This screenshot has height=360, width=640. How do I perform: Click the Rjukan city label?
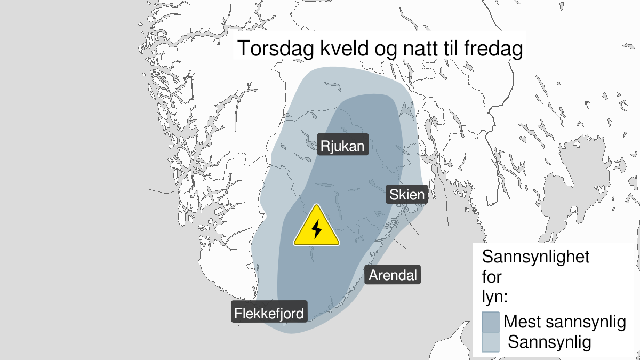click(343, 146)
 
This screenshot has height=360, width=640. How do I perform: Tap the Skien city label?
click(407, 195)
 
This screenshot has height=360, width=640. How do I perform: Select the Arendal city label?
click(393, 275)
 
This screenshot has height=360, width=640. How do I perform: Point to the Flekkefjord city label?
click(269, 312)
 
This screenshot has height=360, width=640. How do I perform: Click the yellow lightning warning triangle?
click(316, 228)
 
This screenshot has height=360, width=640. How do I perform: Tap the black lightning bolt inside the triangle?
click(316, 229)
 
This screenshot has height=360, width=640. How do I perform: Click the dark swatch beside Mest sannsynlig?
click(490, 322)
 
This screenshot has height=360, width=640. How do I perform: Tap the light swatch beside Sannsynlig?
click(490, 342)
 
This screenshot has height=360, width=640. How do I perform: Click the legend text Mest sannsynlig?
click(564, 322)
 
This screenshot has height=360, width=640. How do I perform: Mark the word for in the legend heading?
click(492, 277)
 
